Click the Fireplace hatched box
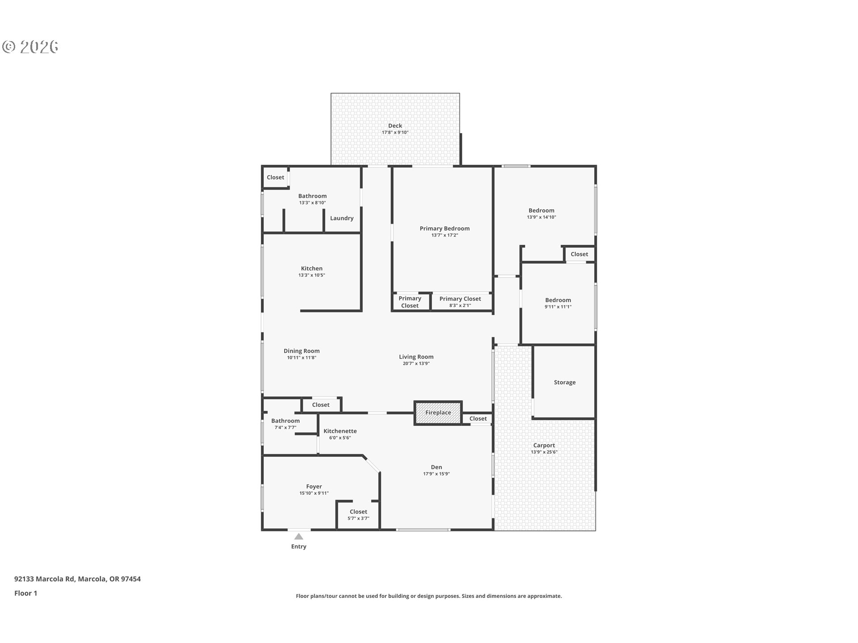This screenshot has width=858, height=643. coord(438,413)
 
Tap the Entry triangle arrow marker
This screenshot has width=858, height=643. coord(299,537)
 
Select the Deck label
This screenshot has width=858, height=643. coord(395,126)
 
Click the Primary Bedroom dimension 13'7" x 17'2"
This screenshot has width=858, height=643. coord(444,235)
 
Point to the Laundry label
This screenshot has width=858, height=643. coord(342,218)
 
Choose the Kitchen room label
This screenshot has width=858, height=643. coord(311,268)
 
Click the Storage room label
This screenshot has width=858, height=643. coord(564,382)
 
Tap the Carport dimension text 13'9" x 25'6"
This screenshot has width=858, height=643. coord(544,452)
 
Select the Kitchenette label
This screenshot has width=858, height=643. coord(340,431)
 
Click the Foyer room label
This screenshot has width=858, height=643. coord(314,486)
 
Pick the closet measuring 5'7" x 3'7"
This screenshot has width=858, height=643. coord(358,515)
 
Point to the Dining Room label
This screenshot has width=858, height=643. coord(302,351)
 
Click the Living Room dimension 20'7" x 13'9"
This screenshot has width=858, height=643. coord(416,363)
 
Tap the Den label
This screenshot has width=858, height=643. coord(436,467)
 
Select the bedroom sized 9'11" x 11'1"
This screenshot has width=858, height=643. coord(558,303)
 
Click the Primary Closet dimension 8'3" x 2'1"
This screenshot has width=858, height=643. coord(460,305)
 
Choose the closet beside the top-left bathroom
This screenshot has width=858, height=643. coord(275,177)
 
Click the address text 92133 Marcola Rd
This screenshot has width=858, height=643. coord(45,579)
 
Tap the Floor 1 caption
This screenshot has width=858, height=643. coord(25,593)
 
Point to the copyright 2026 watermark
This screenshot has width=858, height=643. coord(30,46)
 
